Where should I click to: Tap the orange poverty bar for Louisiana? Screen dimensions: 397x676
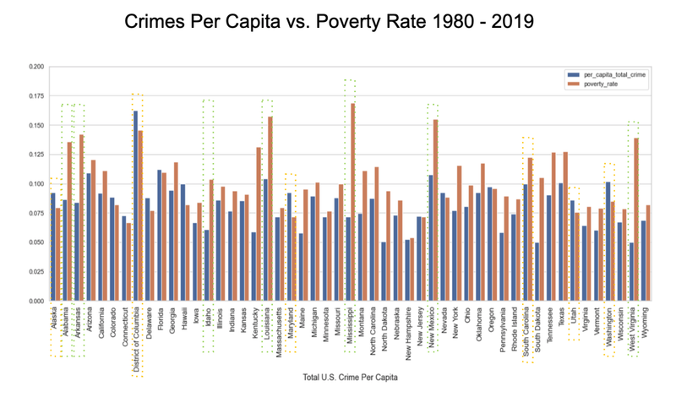pos(270,208)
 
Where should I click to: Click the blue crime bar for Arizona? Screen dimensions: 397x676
pos(88,237)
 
